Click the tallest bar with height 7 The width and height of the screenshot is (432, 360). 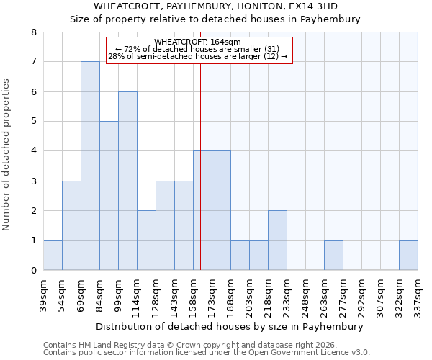click(90, 166)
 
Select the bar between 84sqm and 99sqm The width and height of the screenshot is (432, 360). click(109, 196)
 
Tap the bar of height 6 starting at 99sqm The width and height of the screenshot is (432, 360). click(127, 181)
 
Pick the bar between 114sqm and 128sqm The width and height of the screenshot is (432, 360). click(146, 240)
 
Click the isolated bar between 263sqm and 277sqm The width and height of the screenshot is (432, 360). click(333, 256)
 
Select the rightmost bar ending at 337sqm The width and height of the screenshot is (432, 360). click(408, 256)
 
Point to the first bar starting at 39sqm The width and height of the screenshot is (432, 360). click(53, 256)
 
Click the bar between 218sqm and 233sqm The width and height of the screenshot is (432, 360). click(277, 240)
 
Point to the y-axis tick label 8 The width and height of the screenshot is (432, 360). click(33, 32)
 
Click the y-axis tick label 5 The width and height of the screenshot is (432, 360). click(33, 122)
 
